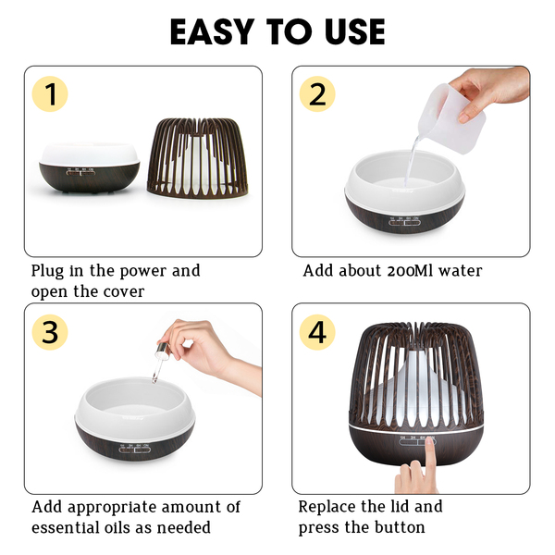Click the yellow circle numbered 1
click(x=50, y=94)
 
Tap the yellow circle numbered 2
click(x=317, y=94)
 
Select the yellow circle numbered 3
click(x=50, y=332)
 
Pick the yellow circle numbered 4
click(x=317, y=332)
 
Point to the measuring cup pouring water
click(x=451, y=117)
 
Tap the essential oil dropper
click(x=159, y=362)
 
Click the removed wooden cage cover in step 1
click(x=198, y=158)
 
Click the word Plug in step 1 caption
click(x=47, y=272)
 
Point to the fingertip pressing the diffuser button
click(x=430, y=441)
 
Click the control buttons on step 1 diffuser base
click(x=81, y=172)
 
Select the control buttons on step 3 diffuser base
click(x=134, y=449)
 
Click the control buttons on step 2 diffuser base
click(x=404, y=221)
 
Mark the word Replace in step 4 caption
click(x=323, y=508)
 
